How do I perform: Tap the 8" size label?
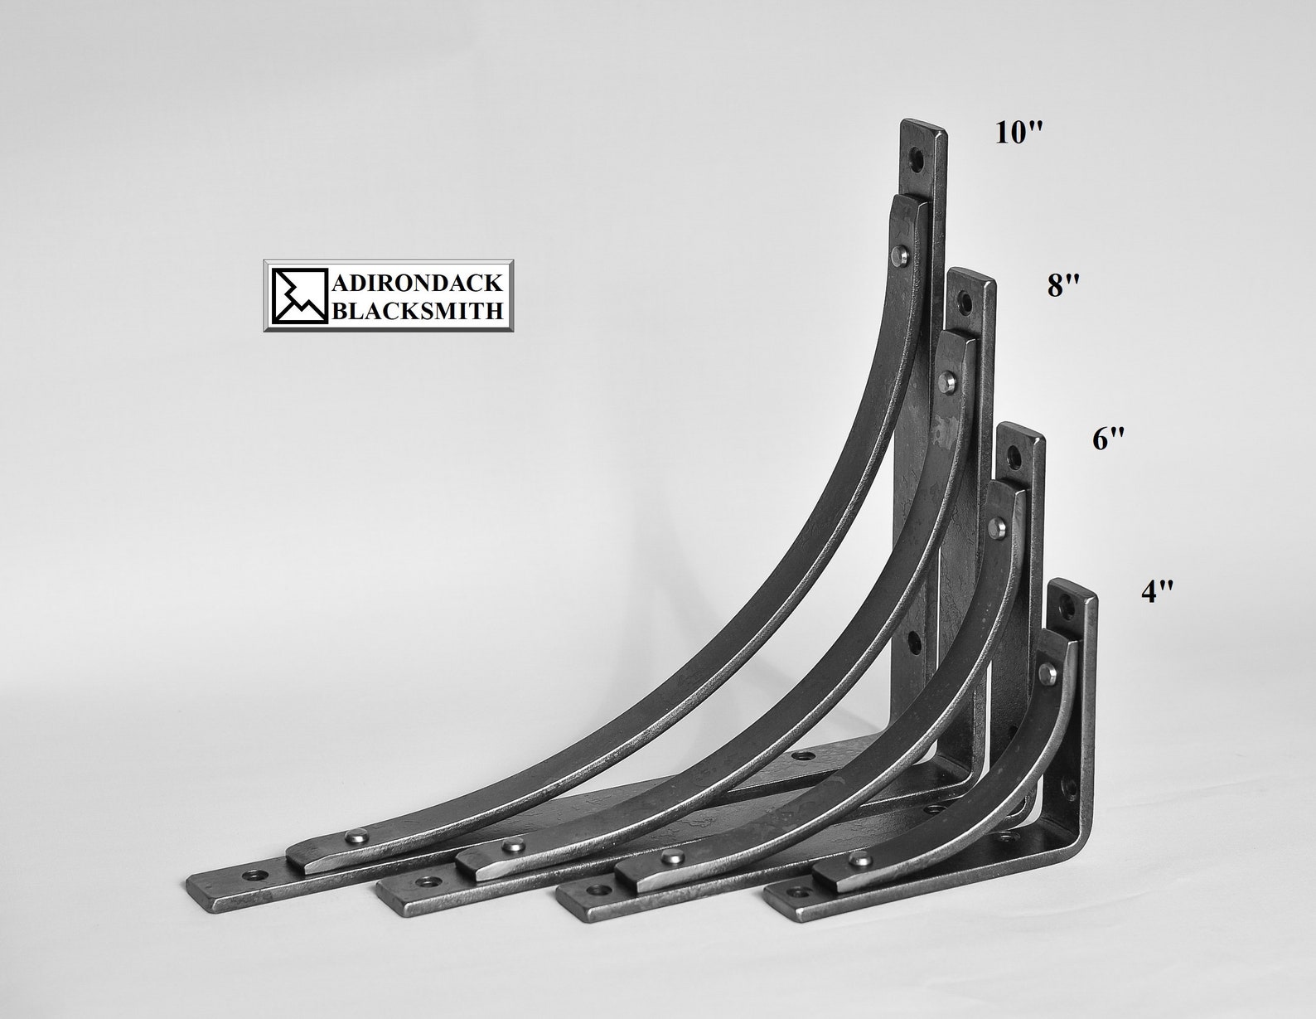(1063, 286)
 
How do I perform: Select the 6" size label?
(1110, 439)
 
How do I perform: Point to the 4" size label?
(1157, 591)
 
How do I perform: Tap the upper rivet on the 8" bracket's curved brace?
(948, 382)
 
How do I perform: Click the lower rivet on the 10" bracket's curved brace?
(356, 833)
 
